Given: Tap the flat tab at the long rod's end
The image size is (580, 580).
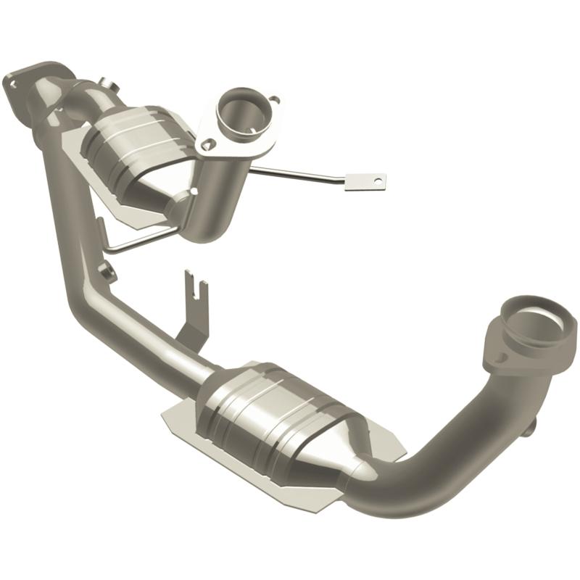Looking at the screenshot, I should pyautogui.click(x=365, y=181).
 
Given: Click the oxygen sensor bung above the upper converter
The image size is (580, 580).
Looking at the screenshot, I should pyautogui.click(x=106, y=84).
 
